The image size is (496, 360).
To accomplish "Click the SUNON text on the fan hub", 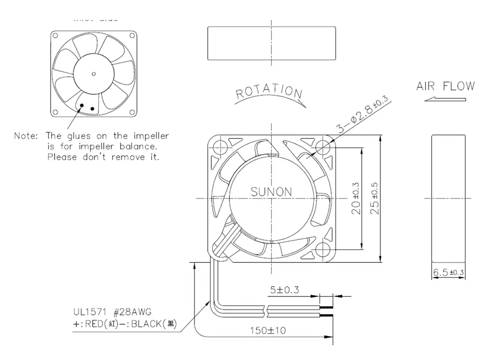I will tap(271, 191).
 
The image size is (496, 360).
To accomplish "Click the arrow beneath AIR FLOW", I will tap(445, 99).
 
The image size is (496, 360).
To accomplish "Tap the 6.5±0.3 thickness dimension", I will tap(448, 272).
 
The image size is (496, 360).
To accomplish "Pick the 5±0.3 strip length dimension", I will tap(285, 290).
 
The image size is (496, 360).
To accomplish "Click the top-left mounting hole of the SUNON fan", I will tap(219, 146).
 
